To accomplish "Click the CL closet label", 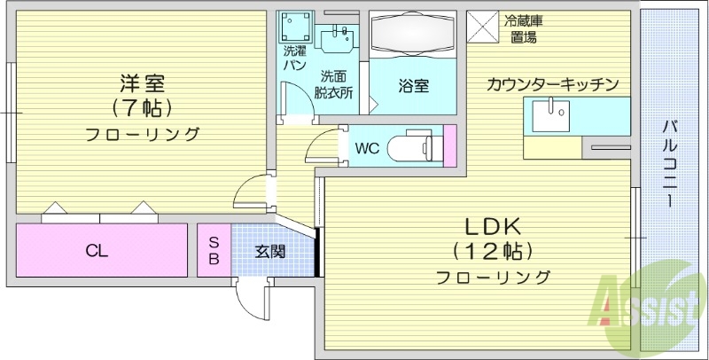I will (x=97, y=251).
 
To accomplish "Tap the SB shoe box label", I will (x=214, y=251).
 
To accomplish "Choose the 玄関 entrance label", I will (x=270, y=251).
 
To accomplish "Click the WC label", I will (x=367, y=148).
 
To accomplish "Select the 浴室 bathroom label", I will (x=413, y=86).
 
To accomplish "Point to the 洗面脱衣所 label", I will (x=337, y=83).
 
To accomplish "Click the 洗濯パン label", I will (x=294, y=58).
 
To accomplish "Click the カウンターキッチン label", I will (x=551, y=85).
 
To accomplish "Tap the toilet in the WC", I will (x=417, y=146).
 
